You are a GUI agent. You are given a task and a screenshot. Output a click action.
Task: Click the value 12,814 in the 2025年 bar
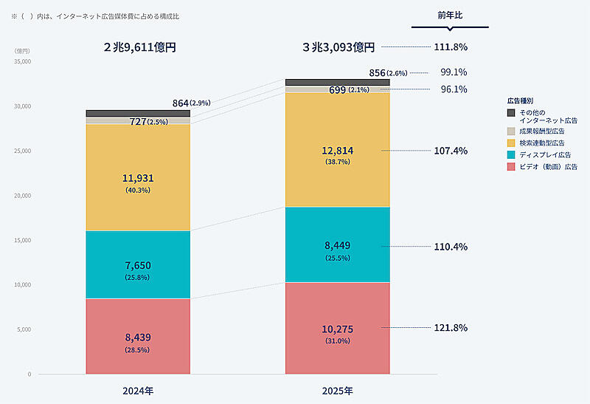pos(338,151)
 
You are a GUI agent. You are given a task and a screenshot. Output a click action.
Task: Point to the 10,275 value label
pos(338,329)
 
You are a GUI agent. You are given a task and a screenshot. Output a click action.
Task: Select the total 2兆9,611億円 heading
pos(140,47)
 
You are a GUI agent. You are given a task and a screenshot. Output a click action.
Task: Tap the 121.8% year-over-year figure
pos(450,327)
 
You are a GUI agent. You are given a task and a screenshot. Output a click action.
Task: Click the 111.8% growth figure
pos(450,47)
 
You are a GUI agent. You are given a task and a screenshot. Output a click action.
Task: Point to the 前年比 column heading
pos(450,15)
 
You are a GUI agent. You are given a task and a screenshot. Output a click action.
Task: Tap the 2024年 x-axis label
pos(138,389)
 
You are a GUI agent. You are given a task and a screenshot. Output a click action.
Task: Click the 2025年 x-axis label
pos(338,389)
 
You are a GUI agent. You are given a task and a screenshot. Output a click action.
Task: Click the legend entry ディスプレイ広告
pos(546,154)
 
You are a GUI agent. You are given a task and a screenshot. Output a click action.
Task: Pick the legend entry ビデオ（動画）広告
pos(549,167)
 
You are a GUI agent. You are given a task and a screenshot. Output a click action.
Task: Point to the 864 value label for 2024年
pos(180,103)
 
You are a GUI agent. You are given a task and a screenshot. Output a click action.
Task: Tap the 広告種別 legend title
pos(520,99)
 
